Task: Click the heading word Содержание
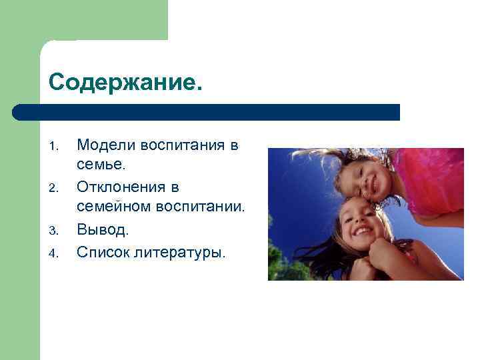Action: click(x=124, y=84)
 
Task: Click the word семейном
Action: click(x=115, y=209)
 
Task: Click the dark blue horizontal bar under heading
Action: click(x=207, y=112)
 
